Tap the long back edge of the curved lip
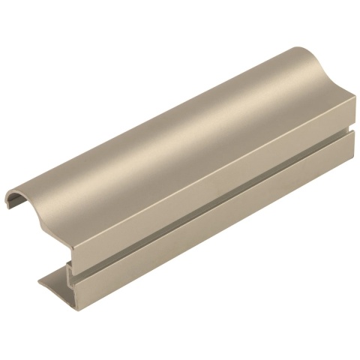pyautogui.click(x=150, y=112)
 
